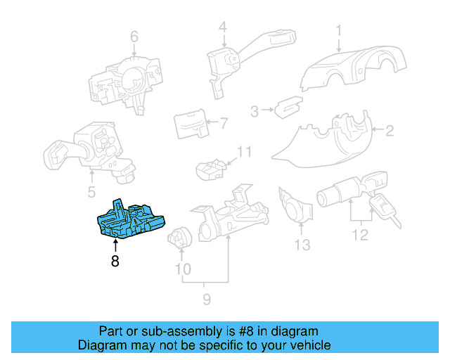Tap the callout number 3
coord(255,110)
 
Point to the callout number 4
coord(222,27)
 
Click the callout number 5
coord(91,192)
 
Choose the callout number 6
coord(134,37)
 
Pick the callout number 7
coord(224,124)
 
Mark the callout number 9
coord(207,300)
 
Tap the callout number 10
coord(182,269)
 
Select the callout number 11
coord(243,152)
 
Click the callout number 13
coord(302,245)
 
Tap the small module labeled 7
coord(190,124)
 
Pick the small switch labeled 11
coord(210,169)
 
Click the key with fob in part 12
coord(382,208)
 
